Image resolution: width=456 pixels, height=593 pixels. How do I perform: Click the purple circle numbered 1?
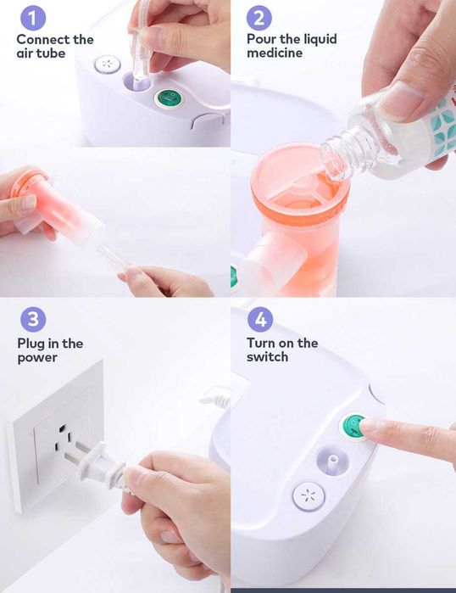(33, 18)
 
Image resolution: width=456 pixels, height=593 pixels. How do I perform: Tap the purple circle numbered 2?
(259, 18)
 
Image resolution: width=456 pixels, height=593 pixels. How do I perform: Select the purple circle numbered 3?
(33, 320)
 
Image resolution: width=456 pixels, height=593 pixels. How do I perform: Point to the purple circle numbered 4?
(260, 320)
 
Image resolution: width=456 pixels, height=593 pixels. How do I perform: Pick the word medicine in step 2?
(275, 53)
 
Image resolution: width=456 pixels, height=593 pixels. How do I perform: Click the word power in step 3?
(37, 358)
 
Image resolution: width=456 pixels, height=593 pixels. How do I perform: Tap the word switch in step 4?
(268, 356)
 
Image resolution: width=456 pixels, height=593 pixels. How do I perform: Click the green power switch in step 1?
(169, 98)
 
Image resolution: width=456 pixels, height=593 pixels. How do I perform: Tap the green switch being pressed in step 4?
(354, 428)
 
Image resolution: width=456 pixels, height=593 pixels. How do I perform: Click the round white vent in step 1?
(108, 64)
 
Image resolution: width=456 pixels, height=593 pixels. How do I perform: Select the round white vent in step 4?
(309, 496)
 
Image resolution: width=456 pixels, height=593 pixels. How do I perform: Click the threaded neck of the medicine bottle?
(339, 155)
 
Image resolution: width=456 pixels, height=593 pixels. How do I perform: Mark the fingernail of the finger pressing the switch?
(370, 426)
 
